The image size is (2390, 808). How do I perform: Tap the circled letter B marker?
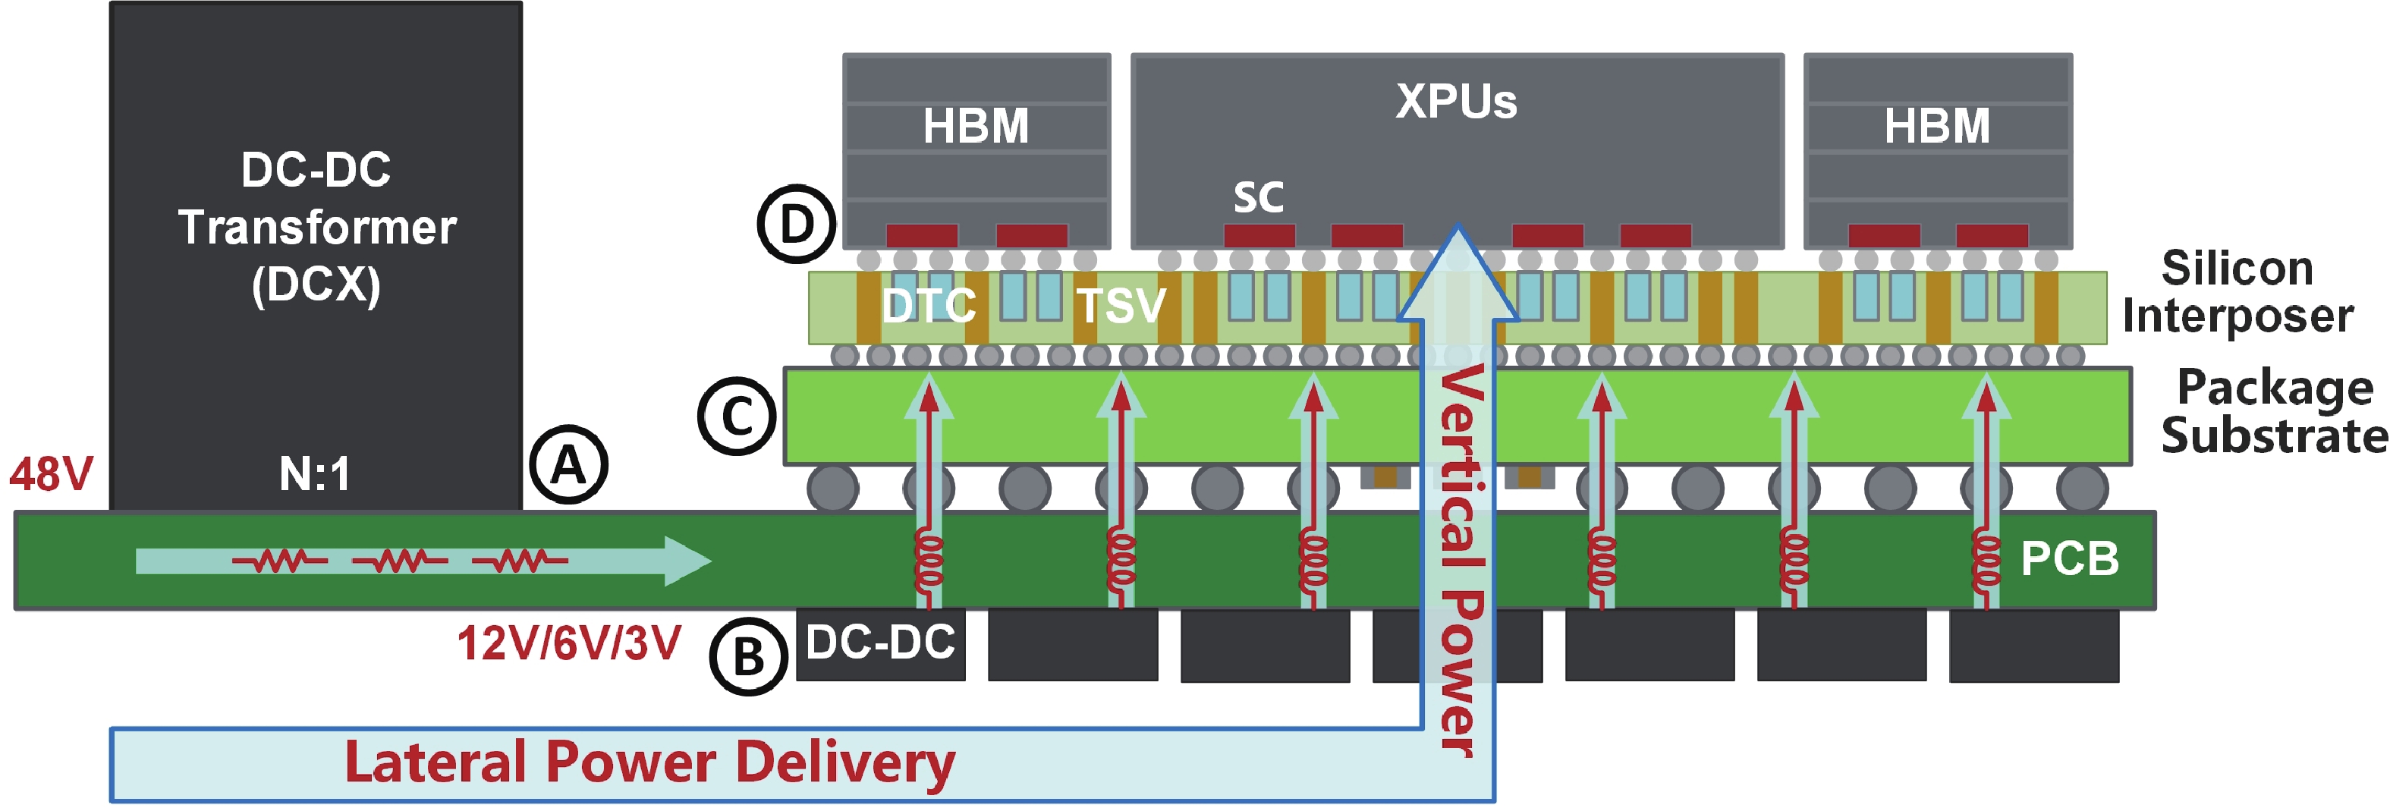(749, 657)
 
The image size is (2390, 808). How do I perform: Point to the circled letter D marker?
(797, 224)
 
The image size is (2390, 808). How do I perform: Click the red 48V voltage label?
(51, 474)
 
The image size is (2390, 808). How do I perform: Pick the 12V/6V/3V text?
(569, 643)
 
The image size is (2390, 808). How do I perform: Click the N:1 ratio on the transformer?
(315, 474)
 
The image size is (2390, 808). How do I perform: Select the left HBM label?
(976, 126)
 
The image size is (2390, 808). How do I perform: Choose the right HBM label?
(1937, 126)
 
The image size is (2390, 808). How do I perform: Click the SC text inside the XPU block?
(1259, 197)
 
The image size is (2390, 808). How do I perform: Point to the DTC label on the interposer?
(929, 305)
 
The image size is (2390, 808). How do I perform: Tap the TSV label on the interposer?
(1120, 305)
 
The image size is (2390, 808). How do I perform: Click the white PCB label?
(2070, 558)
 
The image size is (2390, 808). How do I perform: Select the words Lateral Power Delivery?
(649, 762)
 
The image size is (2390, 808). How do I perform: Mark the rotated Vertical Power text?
(1461, 561)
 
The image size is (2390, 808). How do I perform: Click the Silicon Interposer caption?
(2237, 291)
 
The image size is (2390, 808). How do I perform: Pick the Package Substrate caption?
(2274, 411)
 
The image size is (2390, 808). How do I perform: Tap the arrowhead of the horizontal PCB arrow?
(688, 561)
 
